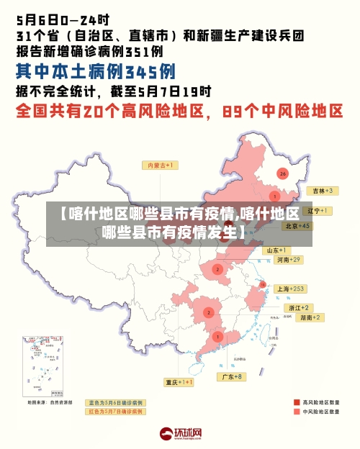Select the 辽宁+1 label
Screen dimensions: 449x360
click(318, 211)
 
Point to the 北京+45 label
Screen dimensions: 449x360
click(297, 225)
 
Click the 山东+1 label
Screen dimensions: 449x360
click(278, 250)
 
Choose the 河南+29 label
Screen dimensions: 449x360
click(287, 259)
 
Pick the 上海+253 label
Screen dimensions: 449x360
click(292, 289)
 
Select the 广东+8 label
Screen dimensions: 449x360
click(233, 376)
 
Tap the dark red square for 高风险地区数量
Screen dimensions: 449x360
click(297, 402)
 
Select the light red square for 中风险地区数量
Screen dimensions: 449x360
click(297, 412)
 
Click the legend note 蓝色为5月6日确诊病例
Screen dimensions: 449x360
click(115, 402)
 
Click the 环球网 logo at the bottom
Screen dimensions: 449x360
click(180, 434)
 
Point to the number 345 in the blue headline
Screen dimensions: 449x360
click(150, 72)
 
